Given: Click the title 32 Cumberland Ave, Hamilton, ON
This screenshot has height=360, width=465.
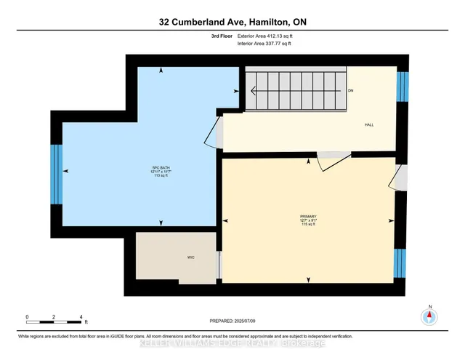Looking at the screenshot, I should pos(232,23).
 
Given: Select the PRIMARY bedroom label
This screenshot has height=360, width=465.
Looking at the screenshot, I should pos(309,217).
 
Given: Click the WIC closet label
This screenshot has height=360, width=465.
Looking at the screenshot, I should pos(170,257).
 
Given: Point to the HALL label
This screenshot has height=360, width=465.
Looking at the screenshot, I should pos(368,125).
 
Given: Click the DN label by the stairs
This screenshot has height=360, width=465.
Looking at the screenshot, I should pos(350,91).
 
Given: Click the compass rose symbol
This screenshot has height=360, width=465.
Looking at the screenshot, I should pos(430,316).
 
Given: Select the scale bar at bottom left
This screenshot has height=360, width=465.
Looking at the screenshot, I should pos(54,318).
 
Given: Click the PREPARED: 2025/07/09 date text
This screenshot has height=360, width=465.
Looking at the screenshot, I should pos(232,320).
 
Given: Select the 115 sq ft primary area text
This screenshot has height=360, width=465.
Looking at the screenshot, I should pos(309,225).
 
